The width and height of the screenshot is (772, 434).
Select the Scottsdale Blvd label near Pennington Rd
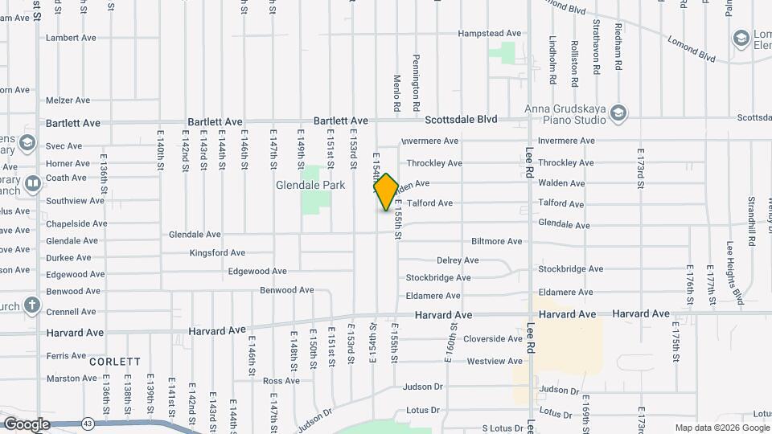click(461, 120)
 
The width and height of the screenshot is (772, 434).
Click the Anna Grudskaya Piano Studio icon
click(618, 112)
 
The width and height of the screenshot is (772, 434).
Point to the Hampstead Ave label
click(490, 34)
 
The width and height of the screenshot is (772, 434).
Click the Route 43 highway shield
click(87, 423)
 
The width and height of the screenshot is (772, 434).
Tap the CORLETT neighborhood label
click(115, 362)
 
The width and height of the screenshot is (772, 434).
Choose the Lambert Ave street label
click(71, 38)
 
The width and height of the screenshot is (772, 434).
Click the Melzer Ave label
click(68, 100)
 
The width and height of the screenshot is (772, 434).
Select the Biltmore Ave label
click(496, 241)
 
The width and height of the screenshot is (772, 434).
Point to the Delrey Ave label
click(458, 260)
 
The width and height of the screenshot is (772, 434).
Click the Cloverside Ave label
click(493, 339)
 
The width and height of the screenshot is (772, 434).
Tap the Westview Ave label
click(495, 362)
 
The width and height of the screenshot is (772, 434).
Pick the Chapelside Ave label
click(76, 224)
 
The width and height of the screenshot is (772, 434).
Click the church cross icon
click(31, 305)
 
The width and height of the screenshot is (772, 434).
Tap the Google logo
click(27, 424)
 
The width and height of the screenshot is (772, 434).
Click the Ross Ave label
click(281, 381)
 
